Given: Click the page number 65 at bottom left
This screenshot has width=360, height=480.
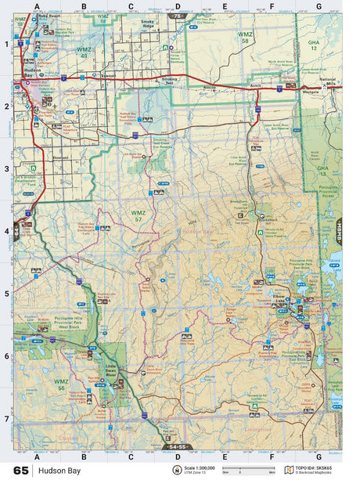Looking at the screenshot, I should (20, 471).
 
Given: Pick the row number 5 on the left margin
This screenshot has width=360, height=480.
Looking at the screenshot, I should (6, 294).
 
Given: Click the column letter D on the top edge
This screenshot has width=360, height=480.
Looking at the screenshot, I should (178, 6).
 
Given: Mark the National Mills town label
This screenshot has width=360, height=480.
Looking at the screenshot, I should (327, 84).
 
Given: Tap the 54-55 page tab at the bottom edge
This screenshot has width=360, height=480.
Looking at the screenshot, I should (178, 446).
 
